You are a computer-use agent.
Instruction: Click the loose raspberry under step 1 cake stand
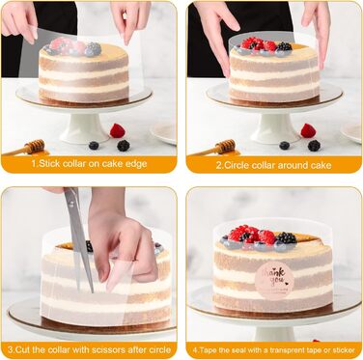click(x=118, y=130)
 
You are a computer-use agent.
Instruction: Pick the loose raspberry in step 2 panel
click(x=308, y=130)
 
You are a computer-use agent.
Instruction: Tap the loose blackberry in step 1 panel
click(x=124, y=146)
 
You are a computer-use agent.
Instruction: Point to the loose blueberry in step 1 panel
click(x=94, y=146)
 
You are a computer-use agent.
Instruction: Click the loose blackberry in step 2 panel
click(x=314, y=146)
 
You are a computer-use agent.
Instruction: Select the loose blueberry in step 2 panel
click(x=285, y=146)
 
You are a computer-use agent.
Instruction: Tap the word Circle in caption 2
click(x=235, y=165)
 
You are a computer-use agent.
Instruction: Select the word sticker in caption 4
click(x=345, y=350)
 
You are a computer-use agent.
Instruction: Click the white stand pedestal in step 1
click(x=84, y=128)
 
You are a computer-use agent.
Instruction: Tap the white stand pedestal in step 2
click(x=275, y=128)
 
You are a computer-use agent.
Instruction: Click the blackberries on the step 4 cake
click(x=287, y=238)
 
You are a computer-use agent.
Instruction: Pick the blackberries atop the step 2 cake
click(x=284, y=46)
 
